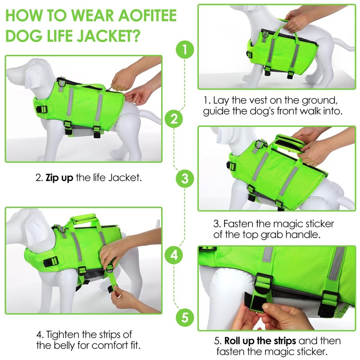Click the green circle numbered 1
pyautogui.click(x=185, y=49)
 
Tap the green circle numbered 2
pyautogui.click(x=174, y=119)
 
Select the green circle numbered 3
pyautogui.click(x=185, y=179)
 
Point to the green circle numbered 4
pyautogui.click(x=174, y=255)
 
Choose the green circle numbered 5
pyautogui.click(x=185, y=318)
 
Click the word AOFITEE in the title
pyautogui.click(x=148, y=16)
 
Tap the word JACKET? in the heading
pyautogui.click(x=108, y=35)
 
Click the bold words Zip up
pyautogui.click(x=59, y=178)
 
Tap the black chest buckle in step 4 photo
pyautogui.click(x=51, y=262)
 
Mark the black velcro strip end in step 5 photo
pyautogui.click(x=254, y=301)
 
